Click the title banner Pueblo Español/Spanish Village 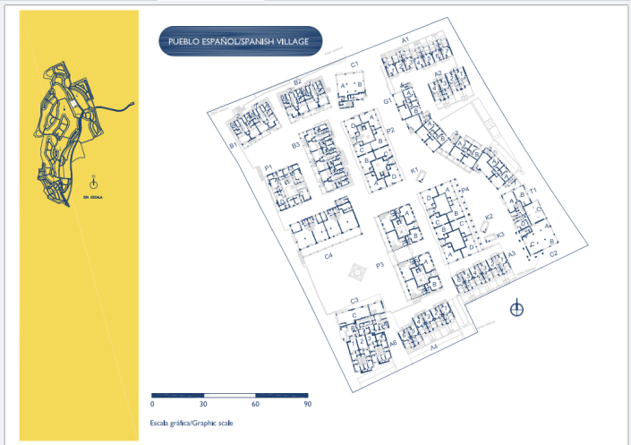pos(239,42)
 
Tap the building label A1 pos(405,40)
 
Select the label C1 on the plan pos(354,64)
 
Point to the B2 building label pos(297,82)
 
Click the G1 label pos(388,101)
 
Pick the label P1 pos(268,167)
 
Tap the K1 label pos(414,170)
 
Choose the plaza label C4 pos(328,257)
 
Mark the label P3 pos(379,265)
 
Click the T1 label pos(532,192)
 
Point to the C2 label pos(553,254)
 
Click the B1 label pos(233,145)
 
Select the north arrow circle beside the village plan pos(516,310)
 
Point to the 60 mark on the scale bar pos(256,405)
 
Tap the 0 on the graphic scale pos(152,405)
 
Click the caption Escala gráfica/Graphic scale pos(192,423)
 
